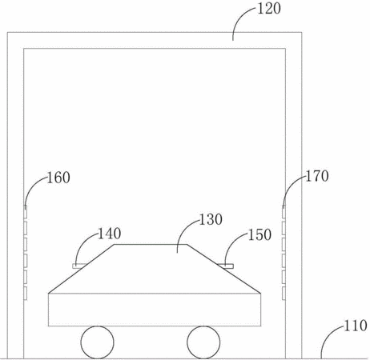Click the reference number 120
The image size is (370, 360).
tap(269, 8)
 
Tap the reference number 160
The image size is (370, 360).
tap(58, 178)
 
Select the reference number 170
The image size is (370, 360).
tap(317, 176)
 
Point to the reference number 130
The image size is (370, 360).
tap(211, 219)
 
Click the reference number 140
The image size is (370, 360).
tap(110, 234)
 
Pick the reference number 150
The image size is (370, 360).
tap(259, 234)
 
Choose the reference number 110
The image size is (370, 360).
tap(355, 326)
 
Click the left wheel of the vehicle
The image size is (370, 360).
tap(98, 342)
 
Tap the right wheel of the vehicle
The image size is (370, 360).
tap(203, 342)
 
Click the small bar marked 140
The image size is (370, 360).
tap(79, 266)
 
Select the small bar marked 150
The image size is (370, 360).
tap(226, 266)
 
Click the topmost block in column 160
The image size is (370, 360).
tap(26, 211)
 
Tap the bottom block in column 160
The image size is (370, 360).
tap(26, 293)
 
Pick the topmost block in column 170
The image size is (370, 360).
tap(284, 211)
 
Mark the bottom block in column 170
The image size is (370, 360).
tap(284, 293)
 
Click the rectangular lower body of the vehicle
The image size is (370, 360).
tap(155, 310)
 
